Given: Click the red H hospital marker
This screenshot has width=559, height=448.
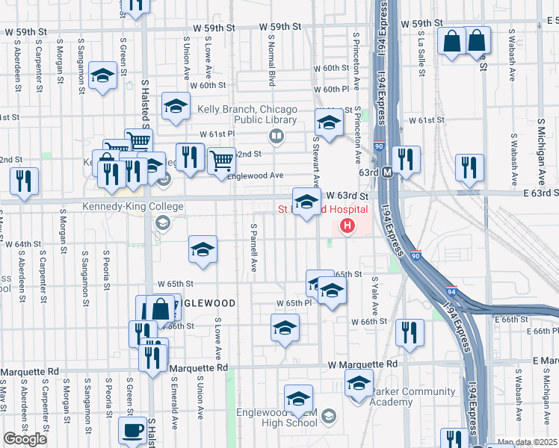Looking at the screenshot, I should [347, 225].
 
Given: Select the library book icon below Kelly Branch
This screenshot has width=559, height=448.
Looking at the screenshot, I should [276, 135].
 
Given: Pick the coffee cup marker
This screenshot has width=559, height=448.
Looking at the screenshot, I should [133, 430].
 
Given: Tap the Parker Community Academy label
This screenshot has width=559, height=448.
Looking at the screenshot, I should [413, 396].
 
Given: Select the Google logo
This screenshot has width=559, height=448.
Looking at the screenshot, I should [24, 439].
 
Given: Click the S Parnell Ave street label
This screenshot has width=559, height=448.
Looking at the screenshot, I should [254, 247].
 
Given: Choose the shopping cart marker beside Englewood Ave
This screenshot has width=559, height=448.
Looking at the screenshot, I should [221, 161].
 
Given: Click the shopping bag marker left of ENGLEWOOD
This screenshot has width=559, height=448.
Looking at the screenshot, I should [161, 308].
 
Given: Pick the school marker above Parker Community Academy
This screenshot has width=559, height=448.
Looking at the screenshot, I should [359, 384].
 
